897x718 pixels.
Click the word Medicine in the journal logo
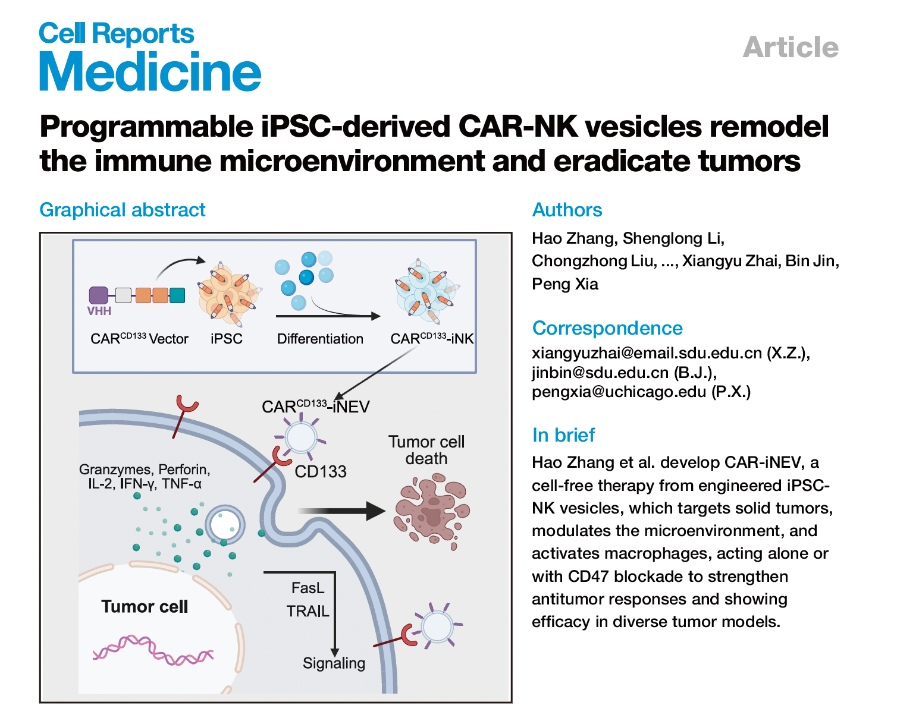pyautogui.click(x=150, y=72)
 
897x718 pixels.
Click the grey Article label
pyautogui.click(x=791, y=48)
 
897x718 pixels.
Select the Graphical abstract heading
pyautogui.click(x=122, y=210)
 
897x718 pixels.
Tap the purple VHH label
pyautogui.click(x=99, y=311)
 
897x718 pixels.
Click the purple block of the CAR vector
pyautogui.click(x=98, y=295)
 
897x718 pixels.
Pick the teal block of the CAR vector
pyautogui.click(x=177, y=295)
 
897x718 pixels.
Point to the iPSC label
pyautogui.click(x=227, y=339)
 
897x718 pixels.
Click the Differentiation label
pyautogui.click(x=320, y=339)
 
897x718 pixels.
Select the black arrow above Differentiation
pyautogui.click(x=328, y=316)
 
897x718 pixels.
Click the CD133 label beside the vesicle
pyautogui.click(x=321, y=472)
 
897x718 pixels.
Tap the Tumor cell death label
pyautogui.click(x=426, y=450)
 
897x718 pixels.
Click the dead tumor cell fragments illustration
pyautogui.click(x=432, y=509)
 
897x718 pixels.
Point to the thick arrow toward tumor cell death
pyautogui.click(x=341, y=511)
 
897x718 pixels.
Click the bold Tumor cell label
pyautogui.click(x=145, y=606)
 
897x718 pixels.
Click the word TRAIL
pyautogui.click(x=308, y=611)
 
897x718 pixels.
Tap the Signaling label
pyautogui.click(x=334, y=663)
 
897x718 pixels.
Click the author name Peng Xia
pyautogui.click(x=565, y=284)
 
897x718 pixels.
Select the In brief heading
pyautogui.click(x=563, y=435)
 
